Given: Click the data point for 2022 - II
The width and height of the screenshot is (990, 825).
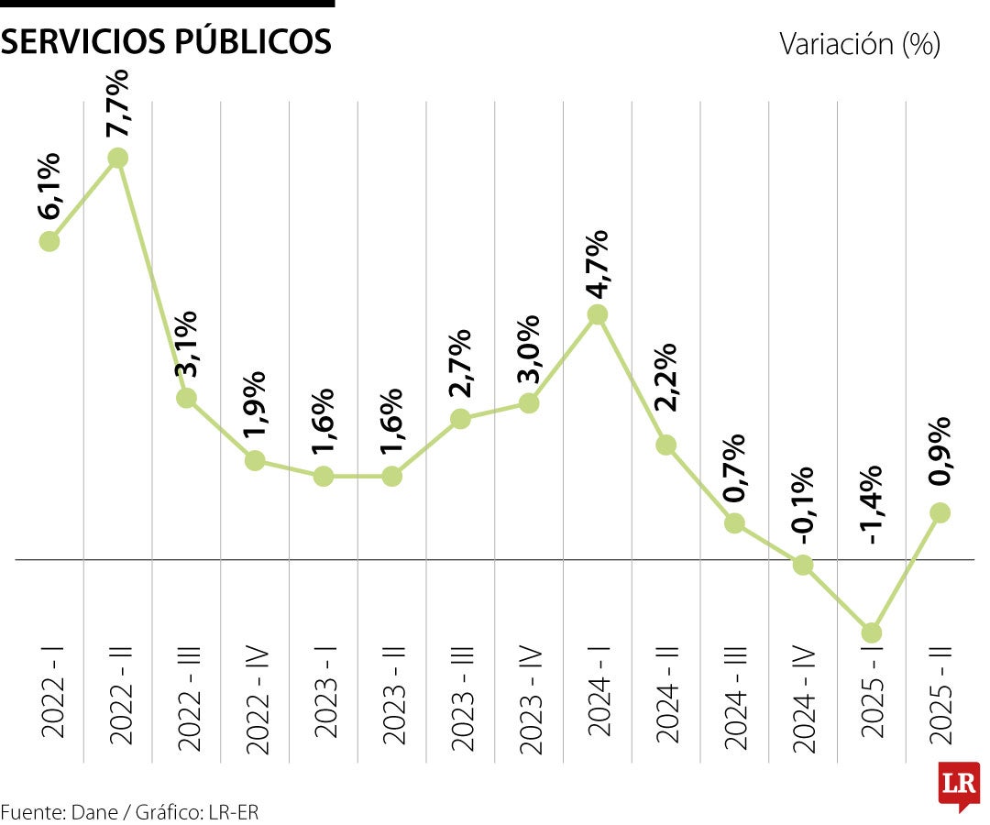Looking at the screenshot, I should click(x=117, y=159).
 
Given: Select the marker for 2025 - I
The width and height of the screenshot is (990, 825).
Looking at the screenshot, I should click(x=872, y=632).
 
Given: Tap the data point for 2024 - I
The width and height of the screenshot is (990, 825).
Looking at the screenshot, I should click(x=598, y=314).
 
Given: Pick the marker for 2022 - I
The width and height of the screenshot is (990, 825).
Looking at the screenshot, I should click(x=49, y=241).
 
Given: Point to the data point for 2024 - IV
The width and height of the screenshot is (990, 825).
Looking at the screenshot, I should click(x=803, y=565).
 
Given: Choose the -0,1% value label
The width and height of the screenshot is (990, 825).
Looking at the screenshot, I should click(x=804, y=507).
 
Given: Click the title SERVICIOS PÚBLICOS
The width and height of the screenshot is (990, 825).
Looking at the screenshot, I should click(x=167, y=41).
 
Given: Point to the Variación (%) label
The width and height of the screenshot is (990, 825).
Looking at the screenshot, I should click(x=859, y=43).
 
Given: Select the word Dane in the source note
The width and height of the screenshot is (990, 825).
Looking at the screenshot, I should click(x=92, y=811).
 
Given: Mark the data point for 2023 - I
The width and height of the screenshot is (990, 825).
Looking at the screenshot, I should click(x=324, y=476).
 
